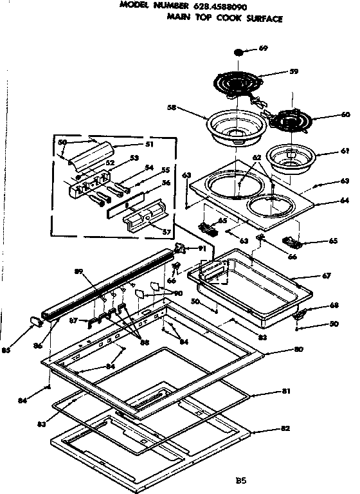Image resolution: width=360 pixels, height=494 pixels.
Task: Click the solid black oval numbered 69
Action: click(x=240, y=51)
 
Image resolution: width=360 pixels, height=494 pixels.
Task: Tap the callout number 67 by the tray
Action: click(x=327, y=276)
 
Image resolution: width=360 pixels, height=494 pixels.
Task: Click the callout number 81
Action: click(x=286, y=390)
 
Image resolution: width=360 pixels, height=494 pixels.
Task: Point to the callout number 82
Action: click(x=286, y=428)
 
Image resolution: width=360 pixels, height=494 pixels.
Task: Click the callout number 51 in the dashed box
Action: click(x=149, y=145)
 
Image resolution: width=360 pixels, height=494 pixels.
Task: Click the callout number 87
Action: click(x=73, y=320)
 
